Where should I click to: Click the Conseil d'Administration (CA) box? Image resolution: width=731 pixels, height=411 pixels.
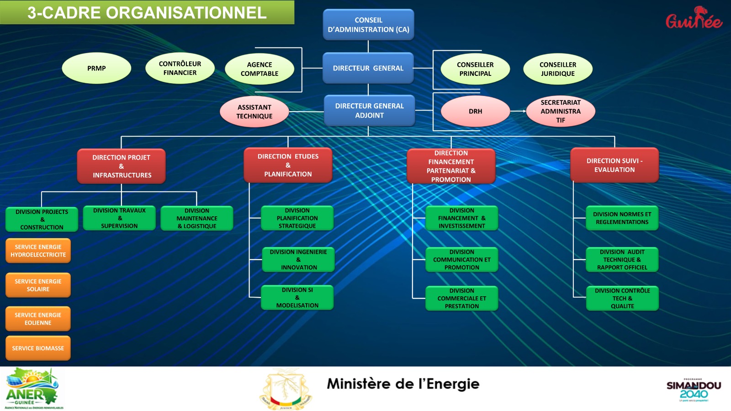(x=368, y=25)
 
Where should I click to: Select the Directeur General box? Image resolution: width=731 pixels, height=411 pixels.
(x=368, y=68)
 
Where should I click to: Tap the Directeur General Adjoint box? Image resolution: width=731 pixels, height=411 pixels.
(x=369, y=111)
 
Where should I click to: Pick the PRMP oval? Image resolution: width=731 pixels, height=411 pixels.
(x=96, y=69)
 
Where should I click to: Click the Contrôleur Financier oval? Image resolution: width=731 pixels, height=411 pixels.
(x=180, y=69)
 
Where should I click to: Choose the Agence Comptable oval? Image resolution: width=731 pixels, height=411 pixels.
(x=259, y=69)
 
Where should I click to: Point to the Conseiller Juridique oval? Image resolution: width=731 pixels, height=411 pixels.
(x=558, y=69)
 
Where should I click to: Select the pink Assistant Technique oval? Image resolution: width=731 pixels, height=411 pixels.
(x=254, y=112)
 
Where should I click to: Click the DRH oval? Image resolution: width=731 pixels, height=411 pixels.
(x=475, y=111)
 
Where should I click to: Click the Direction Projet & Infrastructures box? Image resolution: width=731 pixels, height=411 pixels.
(x=122, y=166)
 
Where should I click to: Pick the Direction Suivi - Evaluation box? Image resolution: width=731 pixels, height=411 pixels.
(x=614, y=165)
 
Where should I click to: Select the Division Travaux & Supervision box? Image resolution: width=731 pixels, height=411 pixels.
(x=119, y=218)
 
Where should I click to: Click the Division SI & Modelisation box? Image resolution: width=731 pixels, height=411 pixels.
(x=297, y=298)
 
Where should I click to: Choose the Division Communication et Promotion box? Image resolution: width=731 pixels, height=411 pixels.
(x=462, y=260)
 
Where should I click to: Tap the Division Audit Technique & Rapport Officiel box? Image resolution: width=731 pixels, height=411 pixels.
(x=622, y=260)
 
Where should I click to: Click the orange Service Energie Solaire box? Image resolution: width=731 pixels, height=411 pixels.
(x=38, y=285)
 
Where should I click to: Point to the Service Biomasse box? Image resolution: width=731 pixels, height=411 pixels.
(x=38, y=348)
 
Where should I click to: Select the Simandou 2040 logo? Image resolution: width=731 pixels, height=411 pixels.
(x=694, y=390)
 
